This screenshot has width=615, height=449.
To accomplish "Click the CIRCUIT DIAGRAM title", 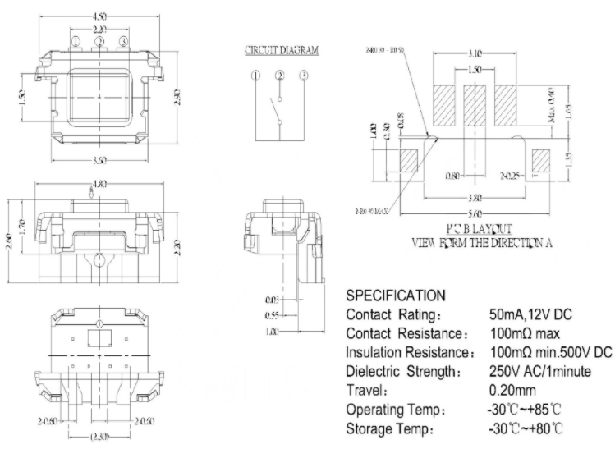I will coord(282,50).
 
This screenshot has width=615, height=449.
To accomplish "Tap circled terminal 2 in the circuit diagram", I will coord(281,76).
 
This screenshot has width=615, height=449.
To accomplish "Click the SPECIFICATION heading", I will coord(395,295).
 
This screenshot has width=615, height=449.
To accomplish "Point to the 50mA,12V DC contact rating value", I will coord(531,314).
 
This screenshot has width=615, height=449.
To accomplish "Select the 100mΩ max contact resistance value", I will coord(525,333).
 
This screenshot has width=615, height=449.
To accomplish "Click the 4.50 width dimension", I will coord(99,16).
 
